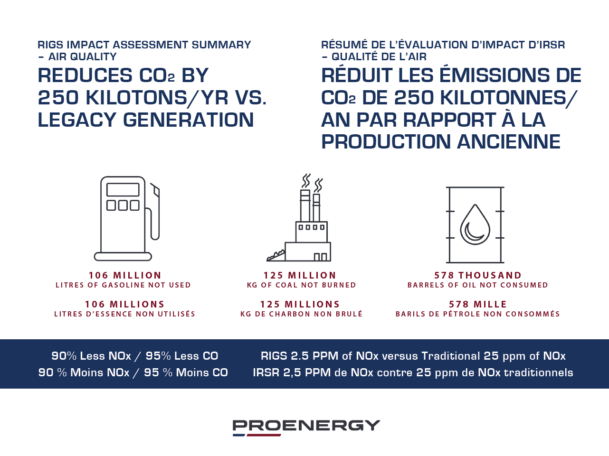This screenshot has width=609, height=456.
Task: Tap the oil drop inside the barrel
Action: (x=475, y=224)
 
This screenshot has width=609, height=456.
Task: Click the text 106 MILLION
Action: (x=125, y=275)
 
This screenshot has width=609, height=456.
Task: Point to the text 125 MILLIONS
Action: (x=300, y=304)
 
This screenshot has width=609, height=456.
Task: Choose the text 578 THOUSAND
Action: (x=478, y=275)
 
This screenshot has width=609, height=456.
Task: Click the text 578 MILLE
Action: (x=478, y=304)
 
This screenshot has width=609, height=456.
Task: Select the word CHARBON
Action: (x=290, y=314)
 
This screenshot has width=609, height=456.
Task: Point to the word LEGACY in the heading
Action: (x=77, y=120)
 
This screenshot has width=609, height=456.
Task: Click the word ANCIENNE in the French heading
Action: (x=509, y=141)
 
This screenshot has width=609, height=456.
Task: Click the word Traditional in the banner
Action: (x=451, y=356)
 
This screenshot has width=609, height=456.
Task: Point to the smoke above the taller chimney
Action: (x=306, y=181)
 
